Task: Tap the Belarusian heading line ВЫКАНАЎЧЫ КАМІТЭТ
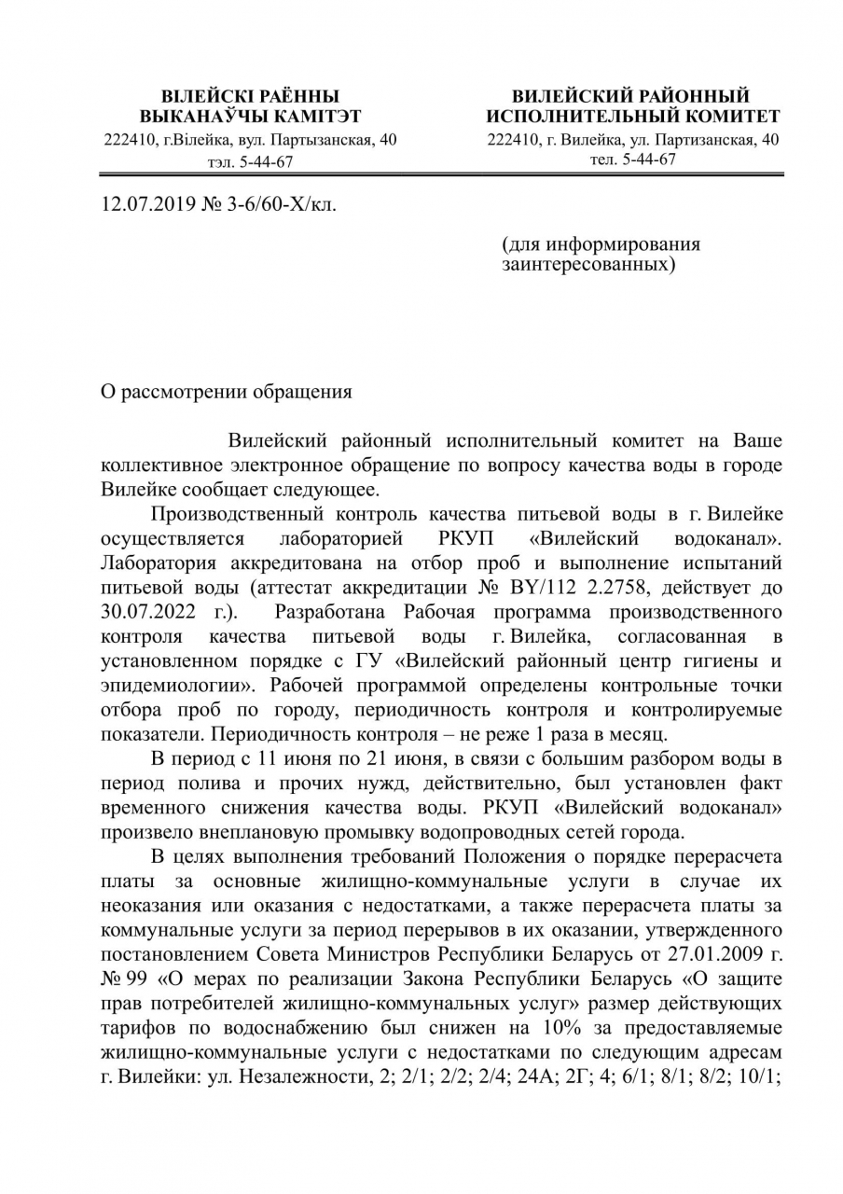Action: pyautogui.click(x=250, y=117)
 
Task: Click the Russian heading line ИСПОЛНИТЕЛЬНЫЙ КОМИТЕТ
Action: pyautogui.click(x=633, y=117)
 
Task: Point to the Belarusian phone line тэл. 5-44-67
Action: pyautogui.click(x=250, y=161)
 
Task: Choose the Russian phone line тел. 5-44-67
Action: pyautogui.click(x=633, y=159)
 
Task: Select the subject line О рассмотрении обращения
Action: pyautogui.click(x=227, y=392)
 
